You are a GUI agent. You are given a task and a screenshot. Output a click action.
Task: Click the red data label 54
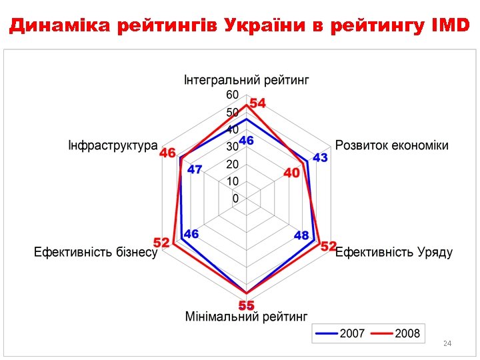(257, 103)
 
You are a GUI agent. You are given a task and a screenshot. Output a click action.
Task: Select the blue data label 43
(321, 157)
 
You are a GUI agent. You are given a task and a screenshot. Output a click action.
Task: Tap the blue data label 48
(301, 235)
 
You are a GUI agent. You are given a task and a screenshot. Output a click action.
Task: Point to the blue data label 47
(195, 169)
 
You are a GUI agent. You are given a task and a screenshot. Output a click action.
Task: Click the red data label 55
(247, 305)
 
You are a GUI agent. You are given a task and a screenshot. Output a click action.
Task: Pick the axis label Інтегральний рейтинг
(247, 81)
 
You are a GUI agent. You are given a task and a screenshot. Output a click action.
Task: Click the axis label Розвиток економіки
(392, 145)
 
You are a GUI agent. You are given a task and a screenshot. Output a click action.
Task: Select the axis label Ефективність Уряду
(394, 252)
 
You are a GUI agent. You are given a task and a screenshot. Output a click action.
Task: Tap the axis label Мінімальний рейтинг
(246, 315)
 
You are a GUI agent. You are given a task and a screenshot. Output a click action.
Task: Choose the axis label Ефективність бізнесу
(96, 252)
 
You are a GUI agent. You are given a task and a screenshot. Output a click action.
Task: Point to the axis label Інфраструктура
(113, 145)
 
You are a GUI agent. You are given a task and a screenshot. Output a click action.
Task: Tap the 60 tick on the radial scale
(232, 95)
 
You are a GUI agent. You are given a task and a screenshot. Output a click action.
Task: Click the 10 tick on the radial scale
(232, 181)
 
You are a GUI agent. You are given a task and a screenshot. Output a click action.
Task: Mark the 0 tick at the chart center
(235, 198)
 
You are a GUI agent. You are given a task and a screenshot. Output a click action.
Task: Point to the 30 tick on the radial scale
(232, 146)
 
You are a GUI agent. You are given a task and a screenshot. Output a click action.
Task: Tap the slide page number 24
(447, 343)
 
